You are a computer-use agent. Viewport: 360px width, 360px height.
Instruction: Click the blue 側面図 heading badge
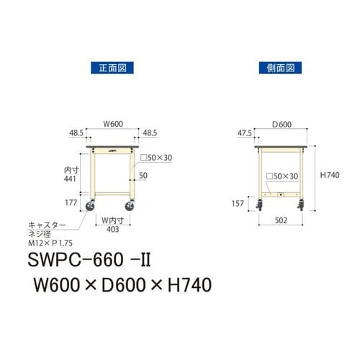coord(276,69)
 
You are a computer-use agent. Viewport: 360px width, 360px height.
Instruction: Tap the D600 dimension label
coord(280,125)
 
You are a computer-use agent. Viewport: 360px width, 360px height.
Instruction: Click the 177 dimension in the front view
coord(71,204)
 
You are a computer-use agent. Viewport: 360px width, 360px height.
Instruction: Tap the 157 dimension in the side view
coord(238,203)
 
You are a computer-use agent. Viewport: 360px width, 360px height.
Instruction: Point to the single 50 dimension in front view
coord(144,175)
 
